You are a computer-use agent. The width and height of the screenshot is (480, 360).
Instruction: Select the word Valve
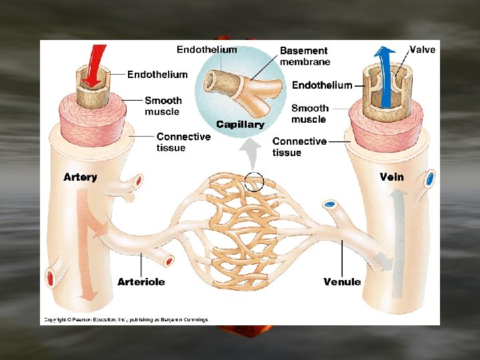(x=422, y=49)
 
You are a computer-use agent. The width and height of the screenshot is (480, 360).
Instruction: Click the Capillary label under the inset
(x=240, y=125)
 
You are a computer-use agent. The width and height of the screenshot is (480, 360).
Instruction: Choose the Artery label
(x=80, y=177)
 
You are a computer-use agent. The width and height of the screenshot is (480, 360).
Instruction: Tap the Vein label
(x=391, y=177)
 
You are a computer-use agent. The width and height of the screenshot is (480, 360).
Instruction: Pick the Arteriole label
(x=141, y=282)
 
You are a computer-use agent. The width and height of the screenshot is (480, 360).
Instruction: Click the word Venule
(x=342, y=282)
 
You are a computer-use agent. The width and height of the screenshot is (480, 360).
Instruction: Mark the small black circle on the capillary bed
(x=254, y=181)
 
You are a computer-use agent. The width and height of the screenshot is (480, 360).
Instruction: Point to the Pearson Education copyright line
(x=126, y=320)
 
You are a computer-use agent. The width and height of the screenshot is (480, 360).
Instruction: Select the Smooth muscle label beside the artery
(x=163, y=106)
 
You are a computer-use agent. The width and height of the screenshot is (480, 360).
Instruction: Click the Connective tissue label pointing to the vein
(x=299, y=147)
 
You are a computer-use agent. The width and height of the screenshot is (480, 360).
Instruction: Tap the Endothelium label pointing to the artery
(x=157, y=74)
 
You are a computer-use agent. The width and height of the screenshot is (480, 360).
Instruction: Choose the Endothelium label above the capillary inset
(x=206, y=49)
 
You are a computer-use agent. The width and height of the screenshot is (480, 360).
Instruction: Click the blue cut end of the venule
(x=329, y=204)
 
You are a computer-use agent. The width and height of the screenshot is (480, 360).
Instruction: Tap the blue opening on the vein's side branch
(x=430, y=179)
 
